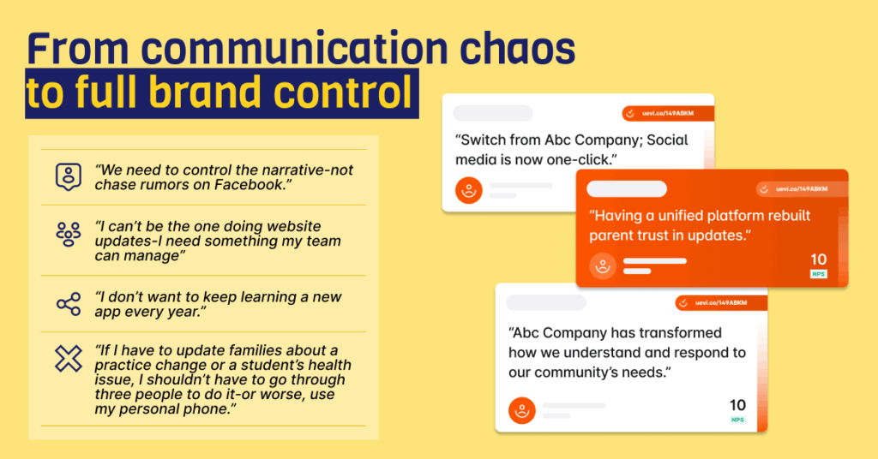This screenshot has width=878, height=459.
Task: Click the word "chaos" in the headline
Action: tap(517, 48)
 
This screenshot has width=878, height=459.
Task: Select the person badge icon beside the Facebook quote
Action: tap(69, 176)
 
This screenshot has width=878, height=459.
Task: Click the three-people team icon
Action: tap(69, 235)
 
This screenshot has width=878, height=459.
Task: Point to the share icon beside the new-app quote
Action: tap(69, 305)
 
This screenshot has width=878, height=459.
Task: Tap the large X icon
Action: tap(69, 359)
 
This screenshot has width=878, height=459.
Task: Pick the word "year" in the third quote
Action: tap(180, 312)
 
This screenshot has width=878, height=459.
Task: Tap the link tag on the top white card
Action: tap(668, 114)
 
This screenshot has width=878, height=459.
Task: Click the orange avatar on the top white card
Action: tap(469, 191)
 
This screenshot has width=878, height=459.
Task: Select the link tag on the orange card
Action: tap(801, 189)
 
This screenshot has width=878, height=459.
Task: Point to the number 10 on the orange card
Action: tap(819, 259)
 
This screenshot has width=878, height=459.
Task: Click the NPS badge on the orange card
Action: tap(819, 274)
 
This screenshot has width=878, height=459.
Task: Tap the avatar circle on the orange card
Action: tap(603, 265)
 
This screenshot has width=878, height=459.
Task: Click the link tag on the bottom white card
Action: tap(721, 303)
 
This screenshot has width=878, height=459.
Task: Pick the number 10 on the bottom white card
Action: tap(737, 405)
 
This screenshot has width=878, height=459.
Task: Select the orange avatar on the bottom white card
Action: tap(522, 410)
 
